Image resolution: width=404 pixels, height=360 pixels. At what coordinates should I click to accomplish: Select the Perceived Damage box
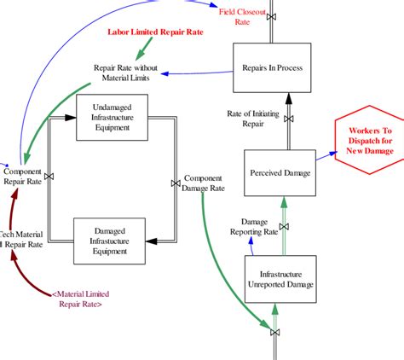point(280,172)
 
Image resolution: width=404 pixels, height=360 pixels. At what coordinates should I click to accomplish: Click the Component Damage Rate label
point(204,183)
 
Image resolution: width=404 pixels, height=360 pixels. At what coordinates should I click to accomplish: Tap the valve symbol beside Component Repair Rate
point(48,177)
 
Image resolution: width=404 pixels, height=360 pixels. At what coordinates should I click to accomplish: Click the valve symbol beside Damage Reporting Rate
point(285,226)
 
